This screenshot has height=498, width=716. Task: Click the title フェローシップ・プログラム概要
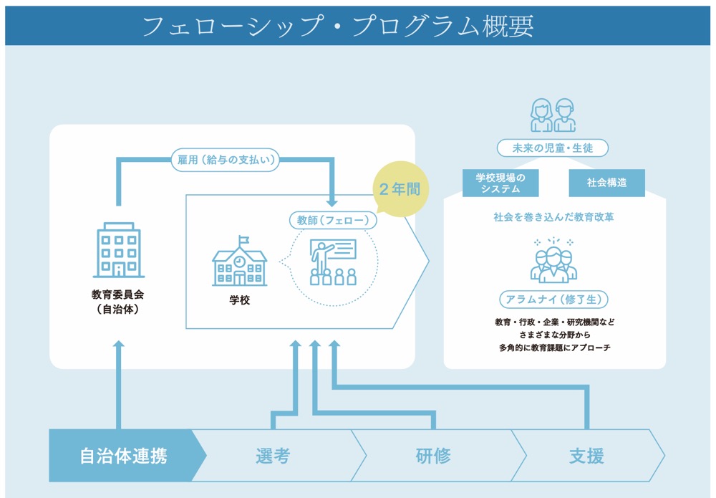pos(338,27)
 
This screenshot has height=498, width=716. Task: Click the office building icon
pos(118,250)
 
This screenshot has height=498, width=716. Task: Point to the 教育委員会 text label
pos(118,294)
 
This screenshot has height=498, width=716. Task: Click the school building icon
pos(239,262)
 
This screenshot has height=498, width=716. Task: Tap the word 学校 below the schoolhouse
pos(239,300)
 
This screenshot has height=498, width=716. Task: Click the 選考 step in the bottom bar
pos(273,456)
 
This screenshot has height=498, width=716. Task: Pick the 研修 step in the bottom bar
pos(433,456)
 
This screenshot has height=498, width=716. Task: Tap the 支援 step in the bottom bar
pos(586,456)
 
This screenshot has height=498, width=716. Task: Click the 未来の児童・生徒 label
pos(553,148)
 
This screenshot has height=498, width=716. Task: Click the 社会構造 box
pos(606,183)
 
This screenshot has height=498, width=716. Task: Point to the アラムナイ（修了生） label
pos(553,299)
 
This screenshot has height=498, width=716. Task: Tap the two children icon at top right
pos(553,115)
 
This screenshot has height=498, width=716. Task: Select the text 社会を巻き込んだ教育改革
pos(553,217)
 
